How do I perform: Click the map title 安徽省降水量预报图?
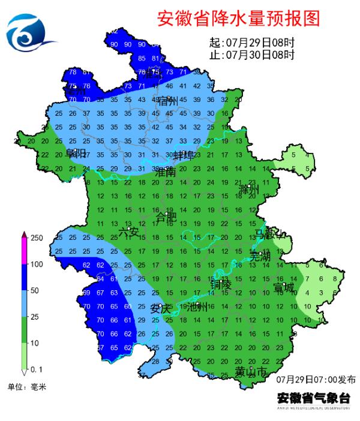click(x=238, y=19)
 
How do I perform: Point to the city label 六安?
click(x=128, y=232)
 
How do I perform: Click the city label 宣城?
click(x=284, y=288)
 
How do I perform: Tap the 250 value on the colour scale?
click(x=37, y=238)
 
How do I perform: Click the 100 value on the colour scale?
click(x=37, y=264)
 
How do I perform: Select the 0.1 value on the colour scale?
click(x=37, y=368)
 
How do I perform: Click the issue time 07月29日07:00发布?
click(x=316, y=380)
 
